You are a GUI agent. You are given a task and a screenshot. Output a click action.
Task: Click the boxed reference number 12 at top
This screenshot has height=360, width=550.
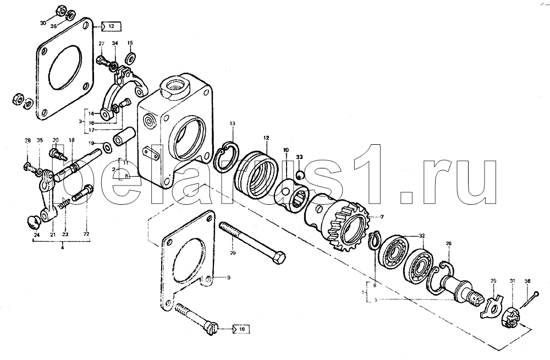point(111,26)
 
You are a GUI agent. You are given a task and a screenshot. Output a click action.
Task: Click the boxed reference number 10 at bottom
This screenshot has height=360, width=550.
point(242,329)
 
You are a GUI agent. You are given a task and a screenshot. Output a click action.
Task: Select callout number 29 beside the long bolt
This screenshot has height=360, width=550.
point(233,253)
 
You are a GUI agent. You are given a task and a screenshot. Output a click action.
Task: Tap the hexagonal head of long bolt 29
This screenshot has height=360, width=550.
point(278,259)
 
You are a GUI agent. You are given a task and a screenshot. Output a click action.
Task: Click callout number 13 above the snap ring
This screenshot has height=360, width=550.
point(233,124)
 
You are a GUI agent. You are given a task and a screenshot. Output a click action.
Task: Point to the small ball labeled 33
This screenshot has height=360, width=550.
point(300,174)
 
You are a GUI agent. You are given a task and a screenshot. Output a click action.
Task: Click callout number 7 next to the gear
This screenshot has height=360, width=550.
point(382,217)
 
